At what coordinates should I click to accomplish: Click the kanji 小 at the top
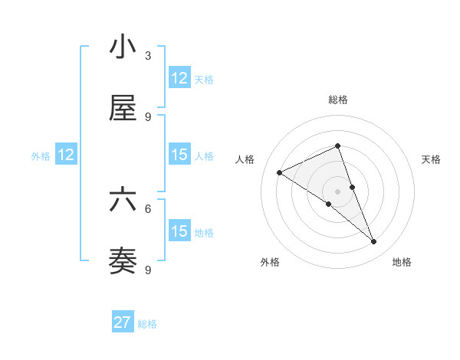point(123,47)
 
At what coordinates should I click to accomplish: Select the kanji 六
point(123,200)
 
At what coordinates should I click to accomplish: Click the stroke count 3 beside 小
point(148,55)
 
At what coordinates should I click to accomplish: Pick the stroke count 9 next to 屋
point(148,116)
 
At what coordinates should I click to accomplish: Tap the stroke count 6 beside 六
point(148,208)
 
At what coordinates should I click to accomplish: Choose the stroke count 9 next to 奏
point(148,270)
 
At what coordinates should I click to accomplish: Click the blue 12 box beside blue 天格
point(179,78)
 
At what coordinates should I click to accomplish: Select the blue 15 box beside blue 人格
point(179,155)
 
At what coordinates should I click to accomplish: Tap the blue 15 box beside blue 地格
point(179,231)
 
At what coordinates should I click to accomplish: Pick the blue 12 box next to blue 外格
point(66,155)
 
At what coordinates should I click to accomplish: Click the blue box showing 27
point(123,322)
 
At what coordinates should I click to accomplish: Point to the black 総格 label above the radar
point(338,100)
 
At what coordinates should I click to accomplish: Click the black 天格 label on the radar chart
point(431,159)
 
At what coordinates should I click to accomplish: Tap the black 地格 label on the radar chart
point(402,262)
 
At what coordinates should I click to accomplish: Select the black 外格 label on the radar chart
point(270,262)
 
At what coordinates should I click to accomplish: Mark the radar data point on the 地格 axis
point(374,242)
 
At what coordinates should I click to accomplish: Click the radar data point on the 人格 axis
point(280,172)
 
